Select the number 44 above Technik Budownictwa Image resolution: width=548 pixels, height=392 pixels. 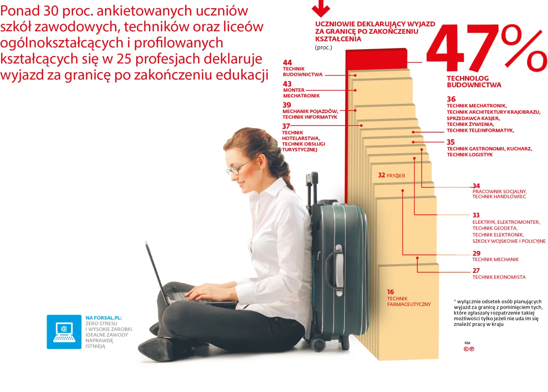pyautogui.click(x=287, y=63)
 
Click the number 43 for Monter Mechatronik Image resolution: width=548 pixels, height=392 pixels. pyautogui.click(x=287, y=84)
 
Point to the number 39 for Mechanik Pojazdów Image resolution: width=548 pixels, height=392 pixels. pyautogui.click(x=287, y=105)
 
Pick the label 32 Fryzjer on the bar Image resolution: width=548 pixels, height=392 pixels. pyautogui.click(x=391, y=175)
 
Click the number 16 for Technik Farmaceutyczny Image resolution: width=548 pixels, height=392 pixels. pyautogui.click(x=390, y=292)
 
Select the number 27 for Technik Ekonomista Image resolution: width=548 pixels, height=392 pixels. pyautogui.click(x=476, y=270)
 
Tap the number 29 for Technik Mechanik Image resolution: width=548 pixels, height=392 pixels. pyautogui.click(x=476, y=253)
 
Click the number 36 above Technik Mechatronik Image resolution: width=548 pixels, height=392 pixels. pyautogui.click(x=451, y=99)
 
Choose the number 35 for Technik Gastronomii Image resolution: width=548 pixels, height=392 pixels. pyautogui.click(x=451, y=142)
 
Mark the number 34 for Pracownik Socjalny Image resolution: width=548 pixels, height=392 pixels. pyautogui.click(x=476, y=186)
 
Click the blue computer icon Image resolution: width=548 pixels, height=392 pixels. pyautogui.click(x=64, y=332)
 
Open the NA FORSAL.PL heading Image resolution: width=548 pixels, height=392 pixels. pyautogui.click(x=104, y=318)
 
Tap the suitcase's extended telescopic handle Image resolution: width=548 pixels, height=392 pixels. pyautogui.click(x=312, y=188)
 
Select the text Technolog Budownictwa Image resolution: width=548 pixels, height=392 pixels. pyautogui.click(x=474, y=81)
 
